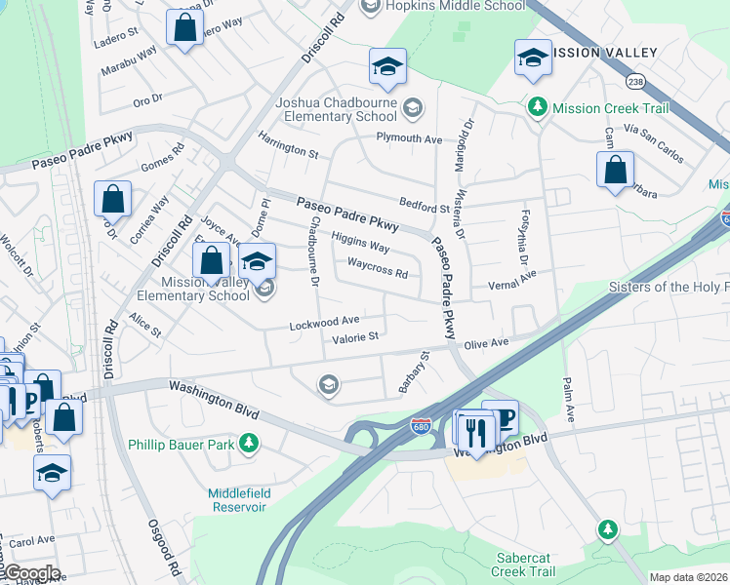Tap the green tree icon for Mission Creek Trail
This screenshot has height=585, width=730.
tap(536, 106)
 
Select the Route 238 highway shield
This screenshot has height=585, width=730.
tap(636, 82)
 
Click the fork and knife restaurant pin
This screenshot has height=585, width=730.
tap(475, 430)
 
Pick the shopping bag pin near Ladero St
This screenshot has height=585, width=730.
tap(184, 28)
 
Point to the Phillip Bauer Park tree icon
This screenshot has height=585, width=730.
tap(251, 444)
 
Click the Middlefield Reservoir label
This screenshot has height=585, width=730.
tap(237, 500)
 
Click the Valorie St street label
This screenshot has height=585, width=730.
tap(354, 337)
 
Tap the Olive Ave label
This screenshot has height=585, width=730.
tap(487, 343)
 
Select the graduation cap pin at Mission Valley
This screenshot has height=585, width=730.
tap(533, 58)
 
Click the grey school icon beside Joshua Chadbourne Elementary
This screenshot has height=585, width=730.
tap(413, 108)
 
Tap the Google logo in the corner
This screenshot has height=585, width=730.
tap(31, 573)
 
